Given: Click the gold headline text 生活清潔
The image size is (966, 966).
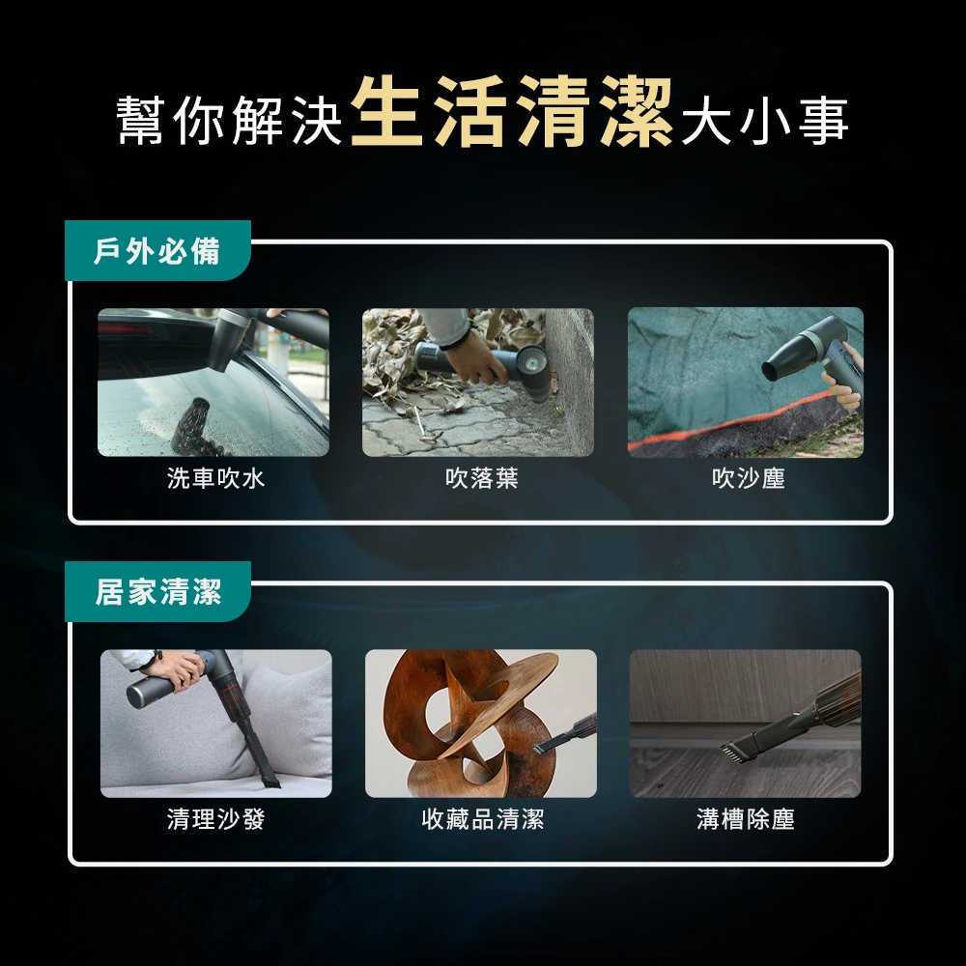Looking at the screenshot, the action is tap(511, 112).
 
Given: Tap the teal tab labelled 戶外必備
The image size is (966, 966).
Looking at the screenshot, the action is tap(157, 251).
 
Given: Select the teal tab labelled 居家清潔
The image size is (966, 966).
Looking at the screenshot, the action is tap(157, 591).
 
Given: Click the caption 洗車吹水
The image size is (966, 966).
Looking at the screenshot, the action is tap(215, 478).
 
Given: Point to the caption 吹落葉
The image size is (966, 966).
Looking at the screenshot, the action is tap(482, 478).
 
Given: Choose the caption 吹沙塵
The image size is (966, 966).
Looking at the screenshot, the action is tap(748, 478).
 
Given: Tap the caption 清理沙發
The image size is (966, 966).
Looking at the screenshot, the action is tap(215, 819).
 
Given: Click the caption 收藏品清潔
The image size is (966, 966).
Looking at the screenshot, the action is tap(482, 819).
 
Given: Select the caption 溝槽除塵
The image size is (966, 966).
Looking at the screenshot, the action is tap(746, 819).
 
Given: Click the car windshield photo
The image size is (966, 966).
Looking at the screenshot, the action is tap(213, 382).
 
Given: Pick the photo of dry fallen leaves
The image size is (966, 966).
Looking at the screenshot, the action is tap(478, 382).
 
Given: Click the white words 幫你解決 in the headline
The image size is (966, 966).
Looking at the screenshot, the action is tap(229, 120).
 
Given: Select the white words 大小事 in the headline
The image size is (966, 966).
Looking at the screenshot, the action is tap(765, 120).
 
